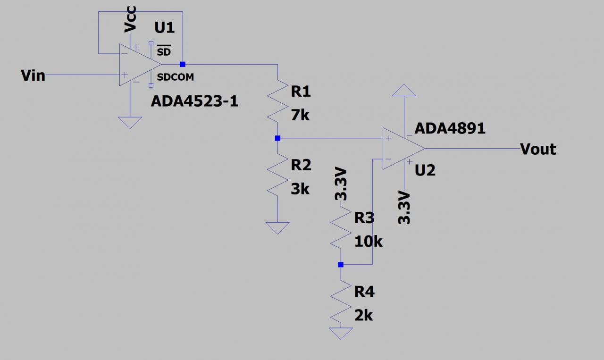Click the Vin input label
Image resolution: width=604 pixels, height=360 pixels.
33,75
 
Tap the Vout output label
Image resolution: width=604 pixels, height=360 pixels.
538,149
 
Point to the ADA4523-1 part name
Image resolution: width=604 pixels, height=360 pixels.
194,100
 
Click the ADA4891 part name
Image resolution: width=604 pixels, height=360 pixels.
450,128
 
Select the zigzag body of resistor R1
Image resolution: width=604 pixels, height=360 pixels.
277,100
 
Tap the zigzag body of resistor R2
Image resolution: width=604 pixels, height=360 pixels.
277,174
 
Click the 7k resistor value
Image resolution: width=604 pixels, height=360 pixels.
300,115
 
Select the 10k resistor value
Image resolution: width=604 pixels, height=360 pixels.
368,242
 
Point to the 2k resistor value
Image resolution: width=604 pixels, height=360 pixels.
363,315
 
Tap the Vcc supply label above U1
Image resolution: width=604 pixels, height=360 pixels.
130,20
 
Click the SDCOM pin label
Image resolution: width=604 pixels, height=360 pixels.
175,77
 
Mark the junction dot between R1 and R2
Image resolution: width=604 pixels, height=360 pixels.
277,138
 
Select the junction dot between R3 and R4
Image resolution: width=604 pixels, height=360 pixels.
341,265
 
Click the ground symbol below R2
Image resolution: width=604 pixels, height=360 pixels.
277,228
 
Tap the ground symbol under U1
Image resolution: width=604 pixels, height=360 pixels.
130,122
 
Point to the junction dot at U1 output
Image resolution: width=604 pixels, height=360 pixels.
183,64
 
